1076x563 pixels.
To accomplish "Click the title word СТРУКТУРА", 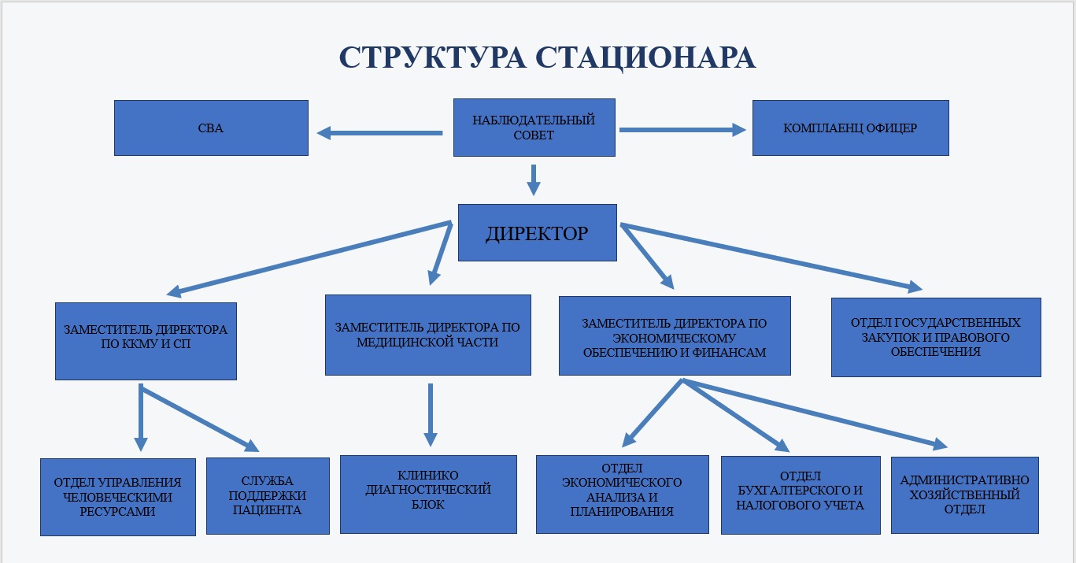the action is click(432, 57).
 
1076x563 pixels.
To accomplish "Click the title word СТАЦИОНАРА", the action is click(645, 58).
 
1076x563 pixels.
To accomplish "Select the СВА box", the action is click(211, 128).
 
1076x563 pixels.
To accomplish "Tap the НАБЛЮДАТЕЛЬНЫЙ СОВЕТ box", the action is click(534, 128).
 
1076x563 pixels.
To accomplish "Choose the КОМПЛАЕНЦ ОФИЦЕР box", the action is click(851, 128).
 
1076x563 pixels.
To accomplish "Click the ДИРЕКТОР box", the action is click(538, 232).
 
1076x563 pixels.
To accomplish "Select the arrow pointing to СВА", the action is click(379, 133).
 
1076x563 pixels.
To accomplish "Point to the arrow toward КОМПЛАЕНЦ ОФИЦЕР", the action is click(682, 130).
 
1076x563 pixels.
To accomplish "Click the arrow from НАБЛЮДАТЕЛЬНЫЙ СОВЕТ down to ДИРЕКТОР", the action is click(534, 180).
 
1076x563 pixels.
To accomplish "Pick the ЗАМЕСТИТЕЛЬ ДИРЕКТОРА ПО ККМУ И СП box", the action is click(146, 341).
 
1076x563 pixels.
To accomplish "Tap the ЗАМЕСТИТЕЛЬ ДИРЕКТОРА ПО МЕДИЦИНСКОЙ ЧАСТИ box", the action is click(428, 335).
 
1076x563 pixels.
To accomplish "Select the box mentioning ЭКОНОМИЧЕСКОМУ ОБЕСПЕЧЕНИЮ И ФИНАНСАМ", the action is click(675, 335).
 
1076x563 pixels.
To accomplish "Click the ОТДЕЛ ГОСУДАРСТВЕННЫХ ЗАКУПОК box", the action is click(936, 337).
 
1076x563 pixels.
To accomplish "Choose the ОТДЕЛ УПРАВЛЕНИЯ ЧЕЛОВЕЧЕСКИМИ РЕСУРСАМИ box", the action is click(118, 497).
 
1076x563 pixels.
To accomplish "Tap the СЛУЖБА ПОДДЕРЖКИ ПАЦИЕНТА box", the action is click(268, 496).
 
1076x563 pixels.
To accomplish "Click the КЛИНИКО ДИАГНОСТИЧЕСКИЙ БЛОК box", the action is click(428, 494).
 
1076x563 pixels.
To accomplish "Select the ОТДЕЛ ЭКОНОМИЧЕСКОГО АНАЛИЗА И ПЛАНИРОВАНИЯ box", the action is click(623, 494).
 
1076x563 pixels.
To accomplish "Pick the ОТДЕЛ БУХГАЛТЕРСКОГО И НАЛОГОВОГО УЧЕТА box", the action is click(801, 495).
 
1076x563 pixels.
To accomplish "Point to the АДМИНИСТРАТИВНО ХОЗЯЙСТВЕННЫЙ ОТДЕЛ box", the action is click(965, 495).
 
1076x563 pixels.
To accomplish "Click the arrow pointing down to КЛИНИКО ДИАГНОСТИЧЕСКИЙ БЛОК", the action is click(431, 415).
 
